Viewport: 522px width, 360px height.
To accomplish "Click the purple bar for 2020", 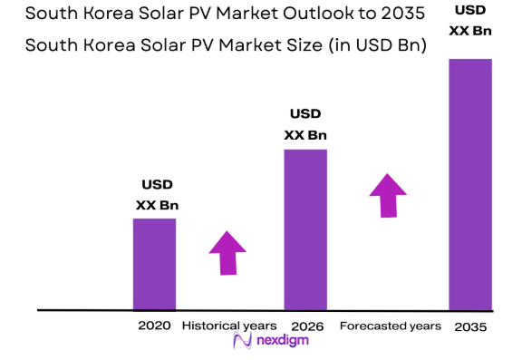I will point(154,264).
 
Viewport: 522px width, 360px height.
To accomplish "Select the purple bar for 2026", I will point(305,229).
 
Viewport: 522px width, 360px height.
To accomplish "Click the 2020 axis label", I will point(154,325).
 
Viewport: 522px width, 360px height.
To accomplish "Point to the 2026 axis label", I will point(305,325).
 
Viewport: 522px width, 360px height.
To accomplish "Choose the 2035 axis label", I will point(469,326).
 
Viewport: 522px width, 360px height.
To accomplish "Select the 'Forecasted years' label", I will point(390,325).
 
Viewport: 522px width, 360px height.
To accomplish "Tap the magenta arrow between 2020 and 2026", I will point(227,252).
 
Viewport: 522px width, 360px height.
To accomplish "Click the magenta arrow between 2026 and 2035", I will point(388,195).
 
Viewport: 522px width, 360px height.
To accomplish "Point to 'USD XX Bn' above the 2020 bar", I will point(157,195).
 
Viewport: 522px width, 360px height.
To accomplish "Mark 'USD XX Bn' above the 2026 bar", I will point(305,125).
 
